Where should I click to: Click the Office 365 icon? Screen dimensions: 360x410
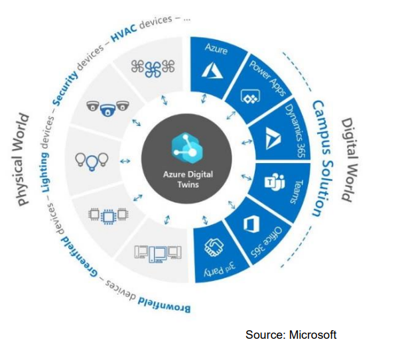coord(250,224)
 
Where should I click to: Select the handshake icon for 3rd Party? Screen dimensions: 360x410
coord(213,247)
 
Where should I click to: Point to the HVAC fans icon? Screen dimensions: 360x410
coord(152,68)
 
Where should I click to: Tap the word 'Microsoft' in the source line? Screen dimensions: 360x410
coord(312,335)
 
